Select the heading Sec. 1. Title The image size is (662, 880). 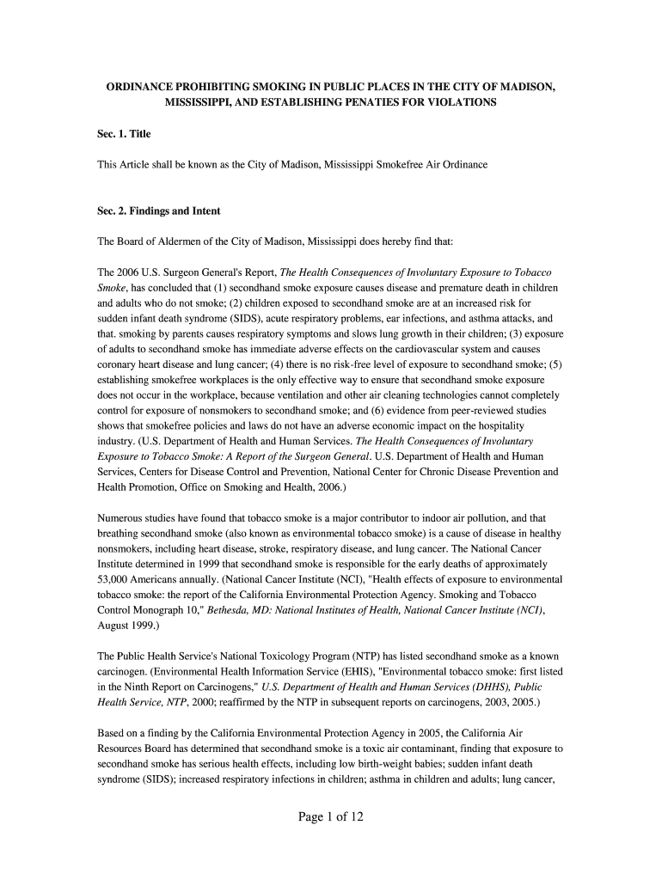(x=125, y=134)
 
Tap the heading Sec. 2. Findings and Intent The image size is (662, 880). (x=159, y=211)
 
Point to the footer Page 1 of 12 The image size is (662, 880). (x=331, y=816)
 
